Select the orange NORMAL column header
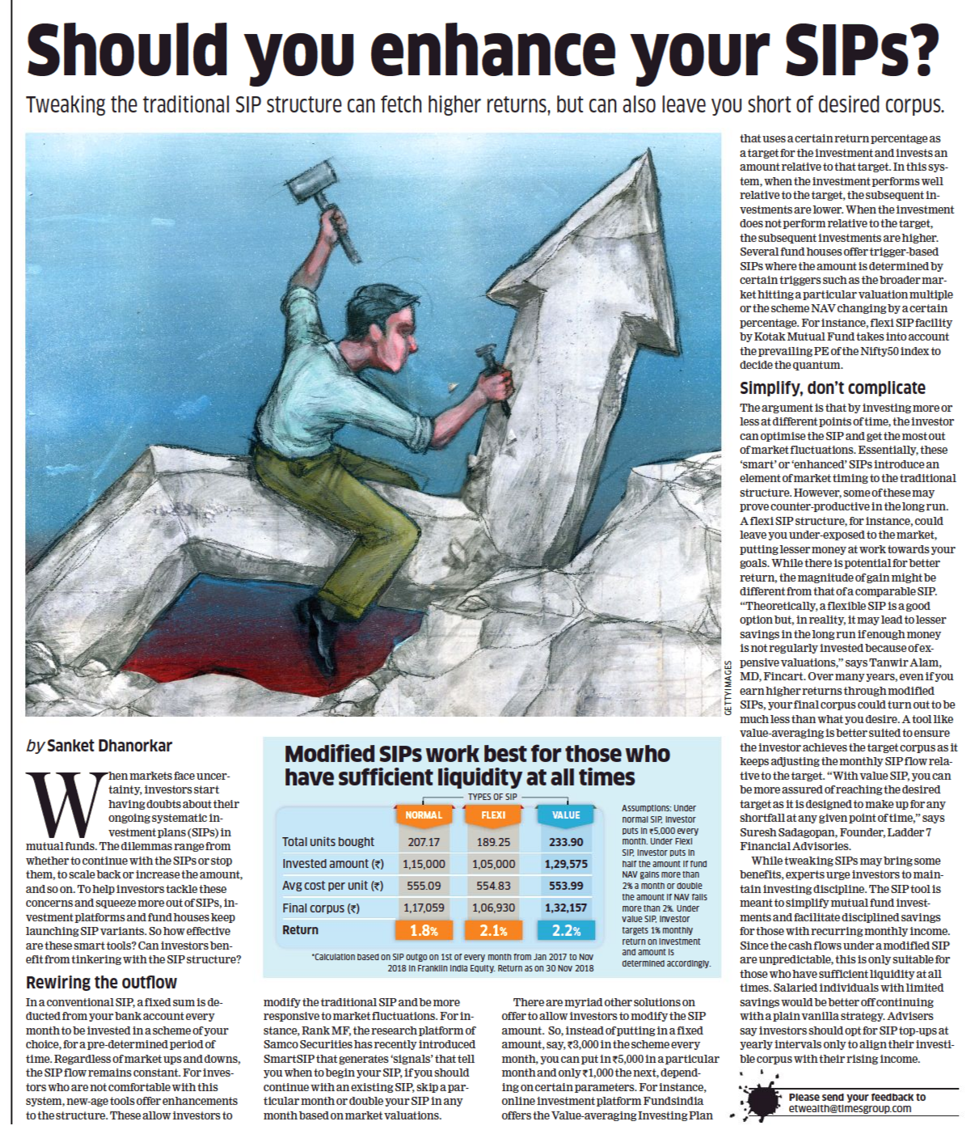(x=424, y=815)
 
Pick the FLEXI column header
(x=493, y=815)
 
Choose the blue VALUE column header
(x=566, y=815)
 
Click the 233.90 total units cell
(x=566, y=842)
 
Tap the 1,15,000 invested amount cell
(x=424, y=864)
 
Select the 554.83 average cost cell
(x=493, y=886)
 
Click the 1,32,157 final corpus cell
(x=566, y=908)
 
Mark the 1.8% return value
(x=424, y=930)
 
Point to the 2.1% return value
(x=493, y=930)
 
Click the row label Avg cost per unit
(x=332, y=886)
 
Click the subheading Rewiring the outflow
(x=101, y=983)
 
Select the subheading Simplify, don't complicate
(x=833, y=388)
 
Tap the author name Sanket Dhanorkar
(x=109, y=746)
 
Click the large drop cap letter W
(x=65, y=805)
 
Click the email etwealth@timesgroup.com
(x=850, y=1108)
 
